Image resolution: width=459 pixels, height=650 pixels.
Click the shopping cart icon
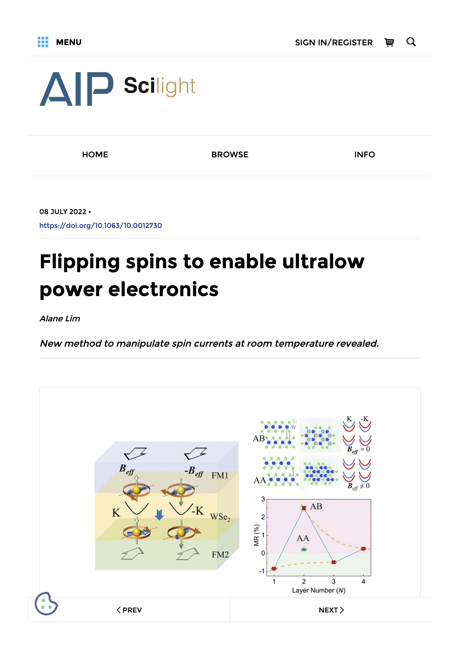tap(389, 43)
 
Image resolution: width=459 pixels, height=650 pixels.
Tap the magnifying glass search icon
tap(411, 42)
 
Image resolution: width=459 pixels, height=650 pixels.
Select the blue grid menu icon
tap(43, 42)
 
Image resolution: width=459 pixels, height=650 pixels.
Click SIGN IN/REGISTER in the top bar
tap(334, 43)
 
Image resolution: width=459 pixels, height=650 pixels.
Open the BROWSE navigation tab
tap(230, 155)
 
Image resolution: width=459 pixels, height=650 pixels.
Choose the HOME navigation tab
tap(95, 155)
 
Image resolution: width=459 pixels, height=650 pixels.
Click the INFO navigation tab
tap(365, 155)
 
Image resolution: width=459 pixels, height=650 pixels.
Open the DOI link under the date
tap(101, 226)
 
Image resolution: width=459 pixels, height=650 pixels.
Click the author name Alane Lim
tap(60, 319)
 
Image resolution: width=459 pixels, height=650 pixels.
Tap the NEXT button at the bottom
tap(331, 610)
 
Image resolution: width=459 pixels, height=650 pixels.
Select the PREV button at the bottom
tap(129, 610)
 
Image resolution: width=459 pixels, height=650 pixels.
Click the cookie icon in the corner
tap(46, 604)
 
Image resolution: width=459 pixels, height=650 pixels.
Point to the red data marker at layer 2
tap(304, 508)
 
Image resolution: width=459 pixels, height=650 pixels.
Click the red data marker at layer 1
tap(274, 569)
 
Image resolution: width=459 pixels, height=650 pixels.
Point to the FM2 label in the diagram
tap(220, 555)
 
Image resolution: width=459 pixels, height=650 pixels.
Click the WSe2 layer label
tap(220, 517)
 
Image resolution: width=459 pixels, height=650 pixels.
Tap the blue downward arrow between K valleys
tap(159, 515)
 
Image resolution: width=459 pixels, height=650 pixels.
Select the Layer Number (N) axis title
tap(319, 590)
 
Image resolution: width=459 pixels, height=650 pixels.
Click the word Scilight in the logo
tap(159, 86)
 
